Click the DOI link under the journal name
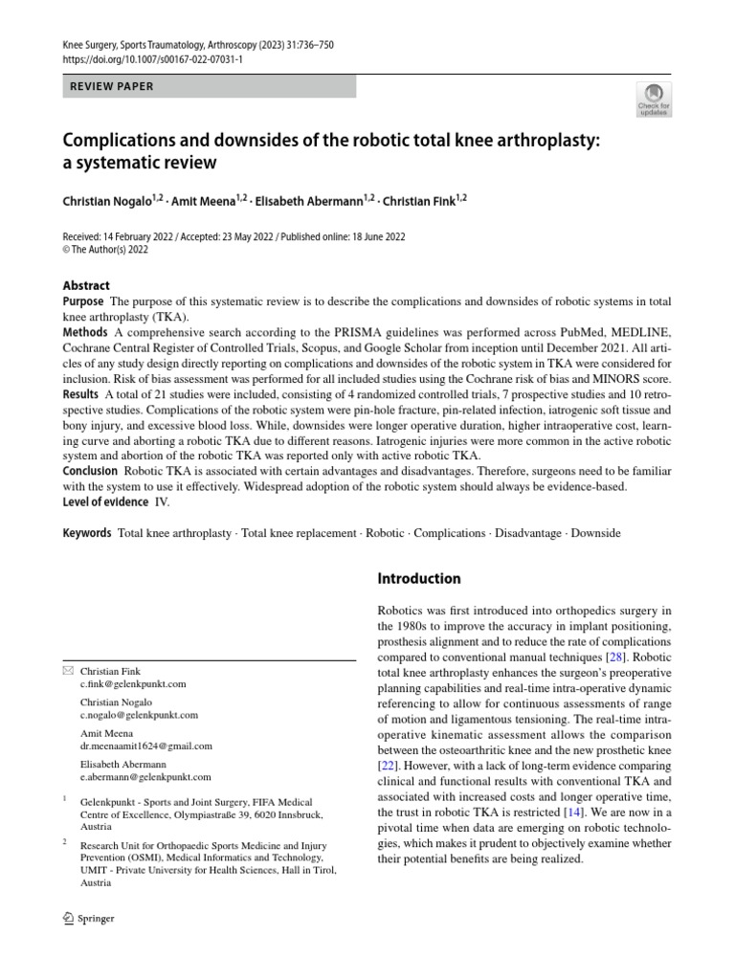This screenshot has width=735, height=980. click(153, 59)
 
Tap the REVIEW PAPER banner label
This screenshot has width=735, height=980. click(112, 86)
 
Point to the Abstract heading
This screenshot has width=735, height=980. click(86, 285)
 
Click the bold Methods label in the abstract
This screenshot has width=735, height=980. click(85, 331)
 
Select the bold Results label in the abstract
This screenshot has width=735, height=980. click(81, 393)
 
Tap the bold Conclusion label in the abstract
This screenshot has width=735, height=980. click(90, 472)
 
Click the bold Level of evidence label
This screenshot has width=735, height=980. click(105, 501)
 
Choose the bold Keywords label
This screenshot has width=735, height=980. click(87, 532)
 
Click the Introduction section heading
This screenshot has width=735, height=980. click(420, 578)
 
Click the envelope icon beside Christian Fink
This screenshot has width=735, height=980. click(67, 671)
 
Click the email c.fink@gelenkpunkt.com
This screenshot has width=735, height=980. click(133, 684)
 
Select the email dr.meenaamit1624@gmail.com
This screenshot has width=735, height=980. click(145, 746)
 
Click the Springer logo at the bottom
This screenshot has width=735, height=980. click(88, 918)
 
